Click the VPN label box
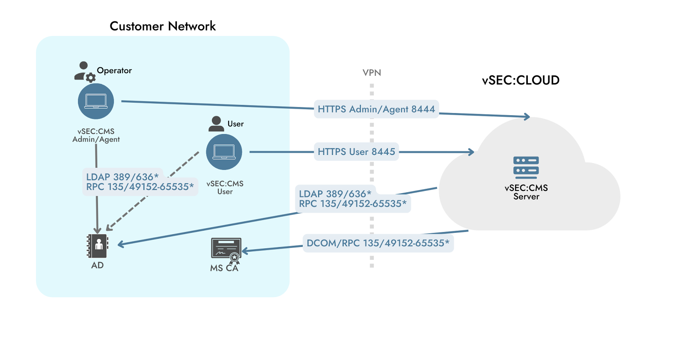pos(372,73)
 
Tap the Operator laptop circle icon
pos(96,101)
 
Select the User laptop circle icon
pos(224,152)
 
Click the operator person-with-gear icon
pos(84,71)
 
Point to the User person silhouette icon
pos(216,124)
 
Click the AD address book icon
pos(98,246)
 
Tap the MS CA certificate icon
pos(226,249)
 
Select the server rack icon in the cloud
pos(526,167)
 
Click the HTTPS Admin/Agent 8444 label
pos(376,109)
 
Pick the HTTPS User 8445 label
pos(356,152)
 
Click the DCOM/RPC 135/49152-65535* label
pos(378,243)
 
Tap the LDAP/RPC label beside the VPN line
pos(352,199)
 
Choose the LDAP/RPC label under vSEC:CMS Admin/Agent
pos(140,182)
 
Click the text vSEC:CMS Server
pos(526,192)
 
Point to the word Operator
pos(114,71)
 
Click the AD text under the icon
pos(97,265)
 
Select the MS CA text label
pos(224,268)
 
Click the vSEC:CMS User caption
pos(225,187)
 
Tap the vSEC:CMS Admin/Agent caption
pos(96,135)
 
